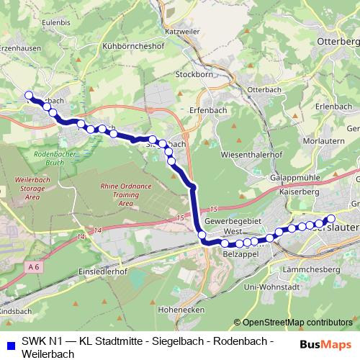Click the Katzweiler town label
(203, 32)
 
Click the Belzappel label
(240, 254)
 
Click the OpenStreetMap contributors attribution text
(294, 323)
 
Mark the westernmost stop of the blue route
(29, 95)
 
